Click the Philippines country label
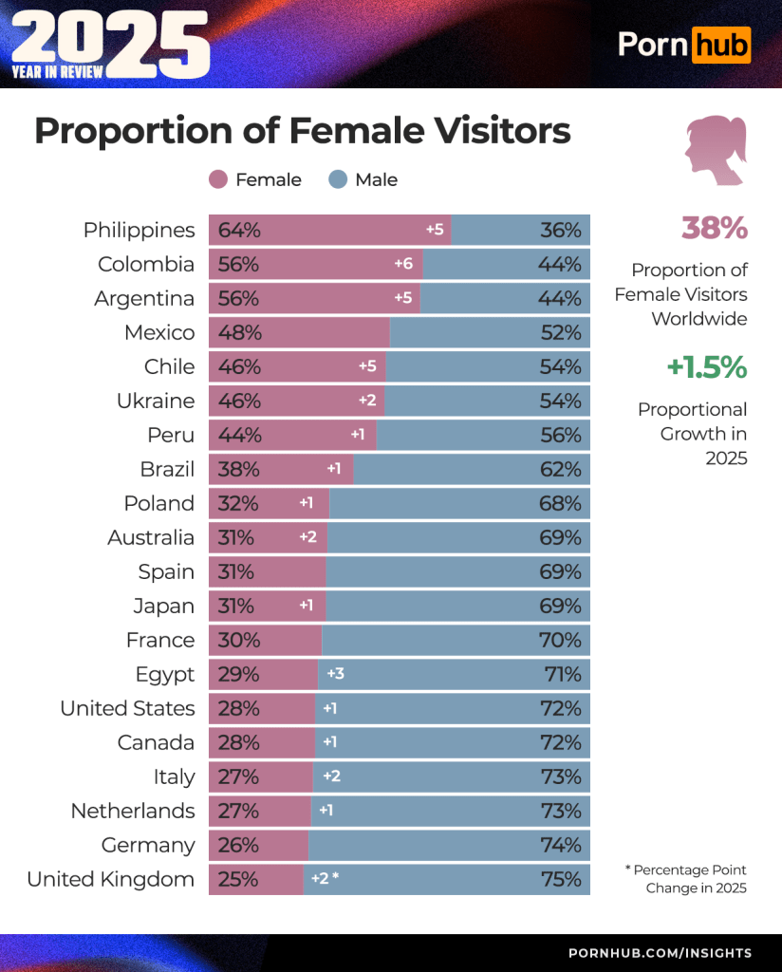pos(139,231)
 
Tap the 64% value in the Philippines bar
pos(238,231)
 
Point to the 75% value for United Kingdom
pos(560,880)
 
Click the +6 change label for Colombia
pos(403,265)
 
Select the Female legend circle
pos(218,179)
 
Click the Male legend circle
pos(338,179)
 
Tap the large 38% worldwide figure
pos(714,229)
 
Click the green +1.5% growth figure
pos(707,367)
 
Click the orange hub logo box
pos(720,44)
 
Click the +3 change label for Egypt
pos(335,675)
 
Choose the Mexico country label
pos(159,333)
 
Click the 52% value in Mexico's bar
pos(560,333)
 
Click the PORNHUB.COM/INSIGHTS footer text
pos(660,953)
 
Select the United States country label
pos(127,709)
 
